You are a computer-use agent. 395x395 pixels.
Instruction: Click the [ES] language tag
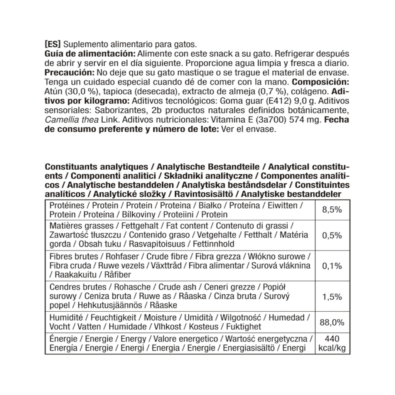click(x=52, y=44)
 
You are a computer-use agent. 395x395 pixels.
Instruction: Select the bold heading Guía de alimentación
click(x=90, y=53)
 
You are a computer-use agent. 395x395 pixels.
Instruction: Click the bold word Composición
click(x=321, y=82)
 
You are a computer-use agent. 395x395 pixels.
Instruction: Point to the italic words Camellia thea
click(x=72, y=120)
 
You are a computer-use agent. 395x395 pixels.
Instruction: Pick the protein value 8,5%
click(x=332, y=210)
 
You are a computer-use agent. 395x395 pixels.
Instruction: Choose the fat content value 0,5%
click(x=332, y=235)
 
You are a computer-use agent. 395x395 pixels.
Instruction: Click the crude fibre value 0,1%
click(x=332, y=266)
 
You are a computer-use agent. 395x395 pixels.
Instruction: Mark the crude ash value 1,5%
click(x=332, y=297)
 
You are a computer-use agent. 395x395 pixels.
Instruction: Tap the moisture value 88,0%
click(x=332, y=322)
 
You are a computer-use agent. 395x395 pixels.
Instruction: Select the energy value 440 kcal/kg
click(x=332, y=344)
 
